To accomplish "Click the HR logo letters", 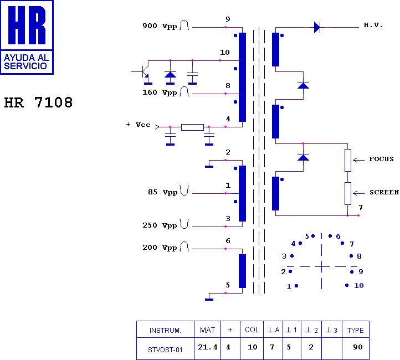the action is (27, 25).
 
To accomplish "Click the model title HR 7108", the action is (39, 102).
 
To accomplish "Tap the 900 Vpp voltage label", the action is (160, 25).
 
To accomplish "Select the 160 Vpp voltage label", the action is (160, 92).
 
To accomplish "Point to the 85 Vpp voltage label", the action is (162, 192).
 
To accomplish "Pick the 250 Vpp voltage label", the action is (160, 225).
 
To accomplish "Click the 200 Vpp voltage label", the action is (160, 248).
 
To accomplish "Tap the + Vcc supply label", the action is (139, 125).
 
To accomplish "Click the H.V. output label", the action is (373, 25).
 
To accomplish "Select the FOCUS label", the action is (381, 159).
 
